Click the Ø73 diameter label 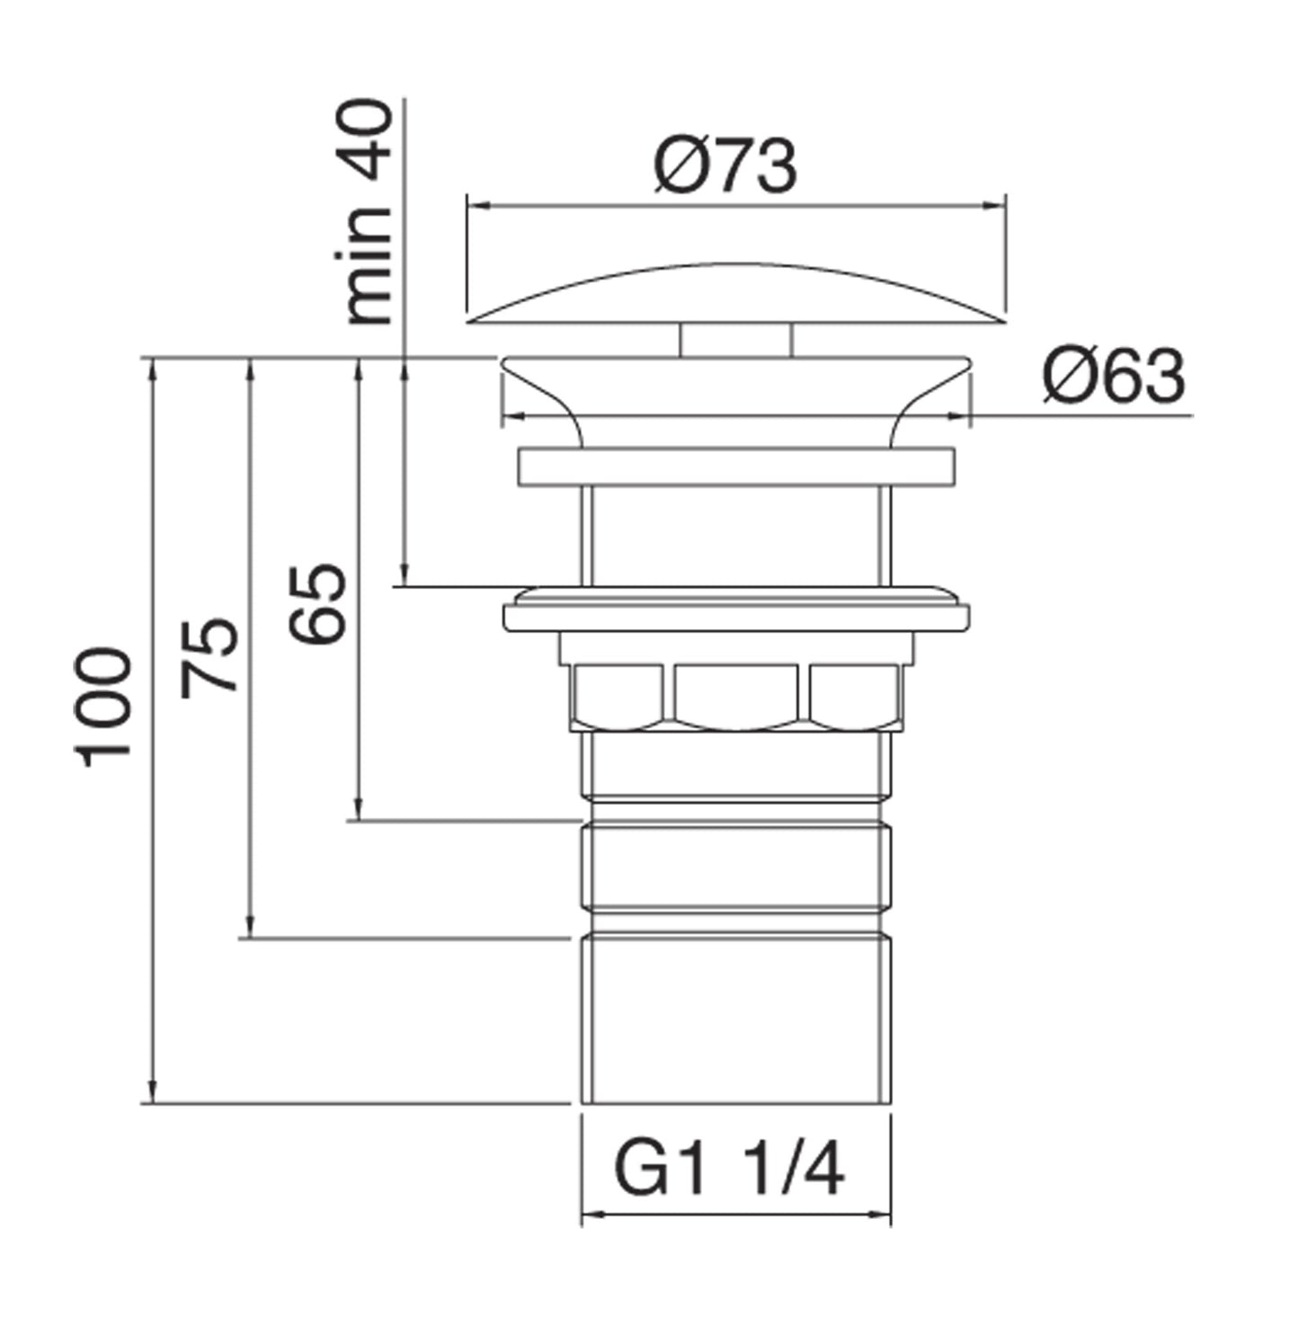pyautogui.click(x=725, y=166)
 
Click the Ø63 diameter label pyautogui.click(x=1113, y=377)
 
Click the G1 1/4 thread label pyautogui.click(x=728, y=1169)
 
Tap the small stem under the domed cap pyautogui.click(x=735, y=340)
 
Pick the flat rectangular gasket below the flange pyautogui.click(x=735, y=466)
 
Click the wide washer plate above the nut pyautogui.click(x=735, y=616)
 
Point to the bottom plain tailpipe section pyautogui.click(x=735, y=1020)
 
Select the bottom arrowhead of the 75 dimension pyautogui.click(x=251, y=928)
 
